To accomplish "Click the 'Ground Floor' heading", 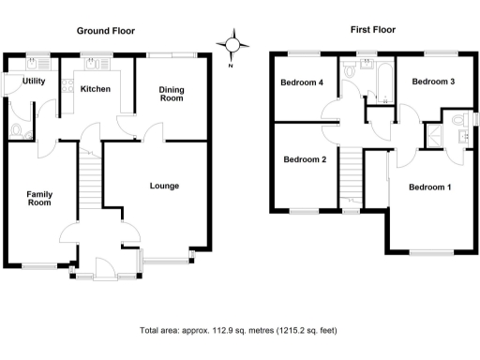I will (x=106, y=31).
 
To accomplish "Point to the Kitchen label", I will (x=96, y=89).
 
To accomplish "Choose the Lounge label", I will (x=164, y=186).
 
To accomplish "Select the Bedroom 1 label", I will (x=430, y=187).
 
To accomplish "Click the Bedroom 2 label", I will (x=305, y=159).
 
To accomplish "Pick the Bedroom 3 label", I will (x=433, y=82).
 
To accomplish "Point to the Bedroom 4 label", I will (x=302, y=82).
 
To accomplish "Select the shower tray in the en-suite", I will (x=435, y=136).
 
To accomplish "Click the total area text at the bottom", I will (x=238, y=331).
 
